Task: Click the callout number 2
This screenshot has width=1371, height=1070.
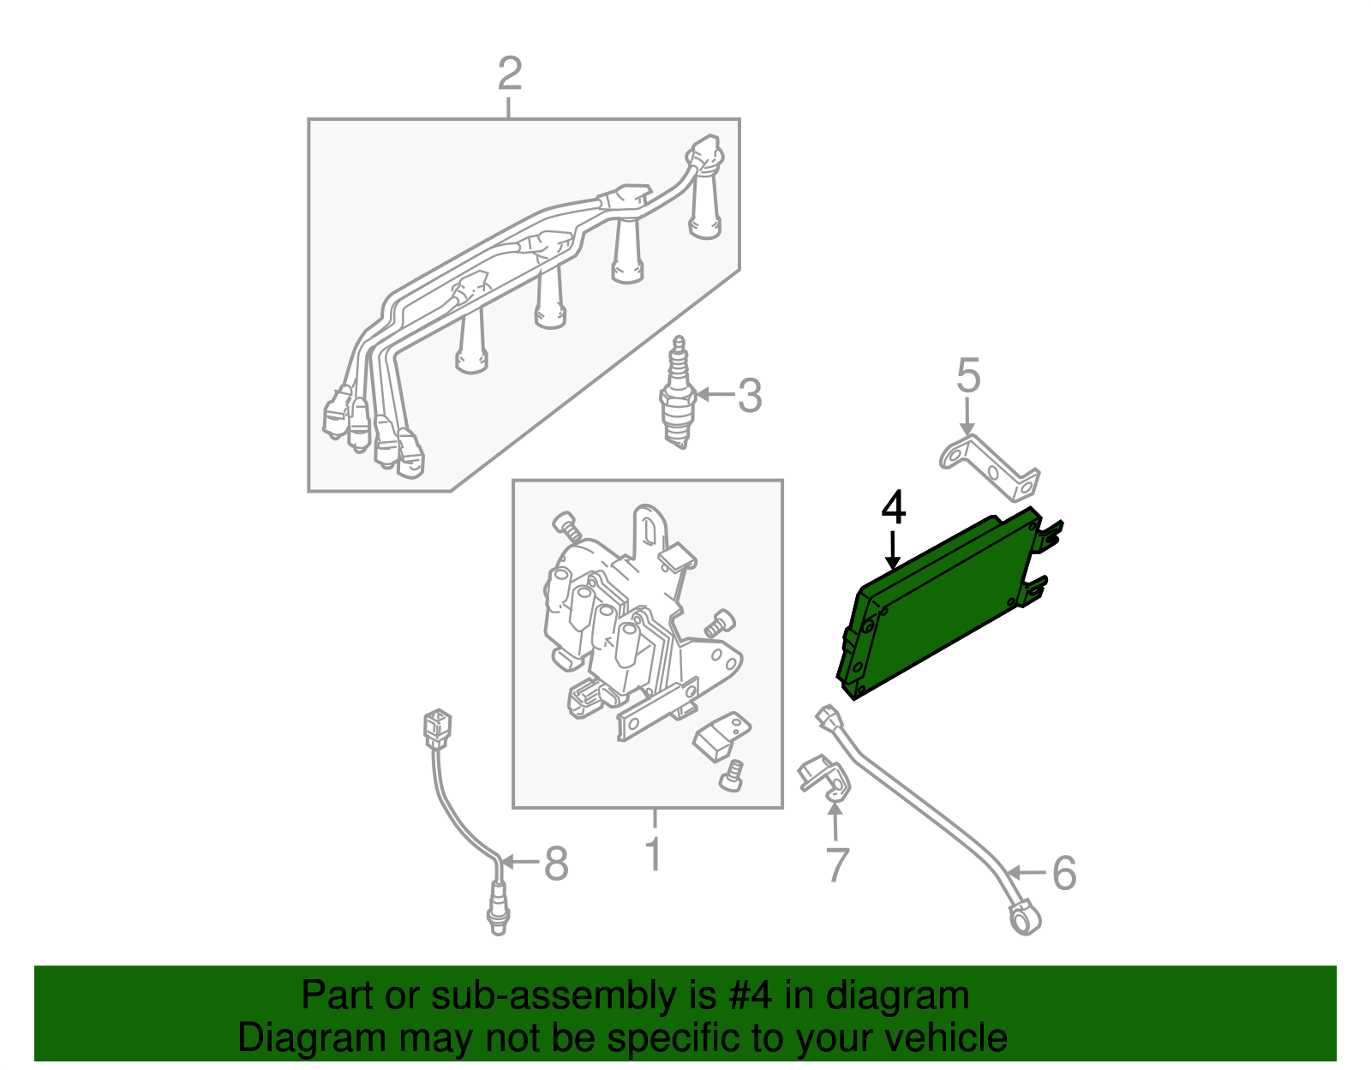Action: point(510,74)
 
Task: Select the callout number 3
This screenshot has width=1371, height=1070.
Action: point(750,395)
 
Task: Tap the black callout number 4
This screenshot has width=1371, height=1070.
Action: point(894,508)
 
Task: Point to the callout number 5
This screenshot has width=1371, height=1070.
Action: point(968,376)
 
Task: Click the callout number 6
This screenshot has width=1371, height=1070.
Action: point(1064,873)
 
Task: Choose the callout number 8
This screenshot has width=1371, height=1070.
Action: point(556,863)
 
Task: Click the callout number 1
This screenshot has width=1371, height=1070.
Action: point(655,854)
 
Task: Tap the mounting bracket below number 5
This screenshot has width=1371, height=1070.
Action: point(991,467)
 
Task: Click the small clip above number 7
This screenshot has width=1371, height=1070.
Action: point(824,778)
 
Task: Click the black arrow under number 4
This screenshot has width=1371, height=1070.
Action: point(892,549)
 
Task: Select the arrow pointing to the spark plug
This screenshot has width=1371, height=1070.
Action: point(715,395)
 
